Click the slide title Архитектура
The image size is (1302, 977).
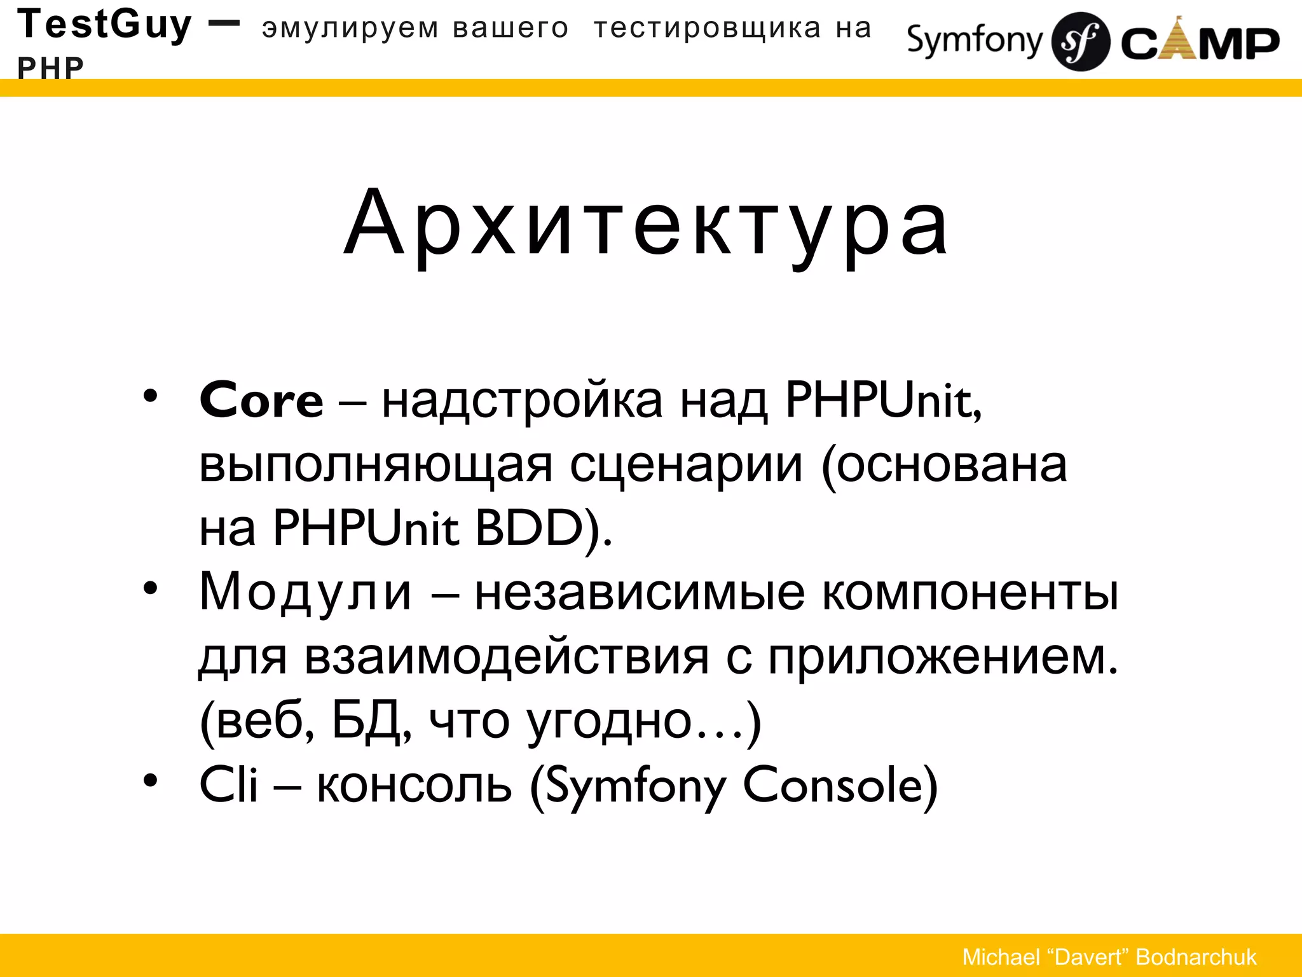pyautogui.click(x=646, y=224)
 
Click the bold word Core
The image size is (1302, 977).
pyautogui.click(x=261, y=401)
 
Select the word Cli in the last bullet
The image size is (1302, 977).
pyautogui.click(x=228, y=786)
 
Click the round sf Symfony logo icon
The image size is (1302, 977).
pyautogui.click(x=1081, y=42)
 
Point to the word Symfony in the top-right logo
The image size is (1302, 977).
pyautogui.click(x=974, y=41)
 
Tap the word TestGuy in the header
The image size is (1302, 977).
pyautogui.click(x=104, y=25)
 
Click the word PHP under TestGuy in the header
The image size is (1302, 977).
pyautogui.click(x=50, y=68)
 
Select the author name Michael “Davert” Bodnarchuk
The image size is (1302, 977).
pyautogui.click(x=1109, y=957)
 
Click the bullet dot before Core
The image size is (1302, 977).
pyautogui.click(x=150, y=396)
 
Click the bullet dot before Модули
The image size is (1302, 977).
pyautogui.click(x=150, y=588)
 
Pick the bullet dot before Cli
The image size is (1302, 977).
pyautogui.click(x=150, y=780)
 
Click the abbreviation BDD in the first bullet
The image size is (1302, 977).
pyautogui.click(x=530, y=528)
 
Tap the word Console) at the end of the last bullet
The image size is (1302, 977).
pyautogui.click(x=840, y=786)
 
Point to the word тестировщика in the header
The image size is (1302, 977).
pyautogui.click(x=708, y=29)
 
